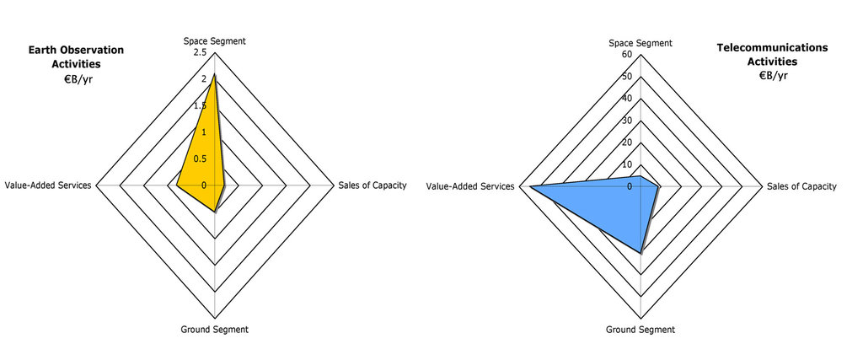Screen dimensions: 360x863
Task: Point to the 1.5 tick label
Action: tap(199, 105)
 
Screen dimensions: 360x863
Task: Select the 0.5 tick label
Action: tap(199, 159)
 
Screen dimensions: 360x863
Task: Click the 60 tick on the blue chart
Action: tap(625, 55)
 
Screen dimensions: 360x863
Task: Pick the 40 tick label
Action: tap(625, 99)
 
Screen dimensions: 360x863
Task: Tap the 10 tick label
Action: tap(625, 164)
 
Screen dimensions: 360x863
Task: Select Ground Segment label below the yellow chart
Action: tap(215, 329)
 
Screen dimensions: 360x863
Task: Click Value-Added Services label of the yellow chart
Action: tap(47, 185)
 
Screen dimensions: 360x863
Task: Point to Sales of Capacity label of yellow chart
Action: tap(372, 185)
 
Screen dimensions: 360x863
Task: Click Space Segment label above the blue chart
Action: tap(641, 43)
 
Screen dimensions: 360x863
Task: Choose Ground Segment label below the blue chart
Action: tap(641, 329)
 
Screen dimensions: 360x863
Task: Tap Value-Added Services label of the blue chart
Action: tap(470, 186)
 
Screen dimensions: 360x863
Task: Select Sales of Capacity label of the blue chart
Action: tap(801, 186)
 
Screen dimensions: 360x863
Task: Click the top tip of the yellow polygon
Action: tap(214, 75)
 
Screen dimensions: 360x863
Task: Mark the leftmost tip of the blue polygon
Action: tap(529, 186)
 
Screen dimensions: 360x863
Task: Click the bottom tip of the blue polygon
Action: tap(641, 252)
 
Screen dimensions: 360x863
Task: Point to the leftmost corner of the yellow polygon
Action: tap(176, 185)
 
